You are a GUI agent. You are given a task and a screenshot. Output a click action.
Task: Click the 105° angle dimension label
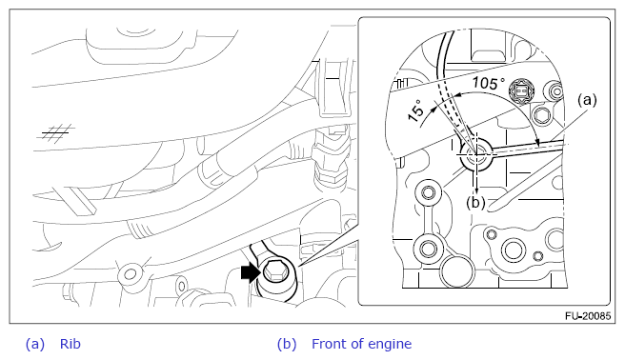pos(488,83)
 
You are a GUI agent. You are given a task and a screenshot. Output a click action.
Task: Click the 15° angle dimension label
pos(415,110)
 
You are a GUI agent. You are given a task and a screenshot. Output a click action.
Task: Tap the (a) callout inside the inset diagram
pos(587,100)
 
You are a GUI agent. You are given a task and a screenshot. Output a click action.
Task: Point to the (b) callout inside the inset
pos(475,203)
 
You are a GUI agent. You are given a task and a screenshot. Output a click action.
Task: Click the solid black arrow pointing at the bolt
pos(251,272)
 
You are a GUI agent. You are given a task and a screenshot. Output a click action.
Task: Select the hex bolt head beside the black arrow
pos(275,272)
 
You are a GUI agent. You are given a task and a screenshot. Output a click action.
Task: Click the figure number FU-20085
pos(588,316)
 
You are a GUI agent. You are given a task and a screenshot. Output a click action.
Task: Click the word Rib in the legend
pos(71,344)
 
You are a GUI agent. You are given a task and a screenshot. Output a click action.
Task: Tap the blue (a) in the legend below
pos(35,344)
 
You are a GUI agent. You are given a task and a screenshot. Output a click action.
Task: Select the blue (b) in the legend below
pos(287,344)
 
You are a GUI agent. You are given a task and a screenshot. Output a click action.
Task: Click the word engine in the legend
pos(390,345)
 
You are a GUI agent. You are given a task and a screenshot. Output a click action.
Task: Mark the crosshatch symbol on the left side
pos(56,132)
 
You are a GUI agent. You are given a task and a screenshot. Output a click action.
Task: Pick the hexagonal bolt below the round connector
pos(542,117)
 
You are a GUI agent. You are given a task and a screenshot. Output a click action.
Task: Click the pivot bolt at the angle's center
pos(475,154)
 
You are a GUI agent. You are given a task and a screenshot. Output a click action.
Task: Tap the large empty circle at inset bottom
pos(456,272)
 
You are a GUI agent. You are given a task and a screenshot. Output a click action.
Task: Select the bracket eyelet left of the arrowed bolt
pos(131,274)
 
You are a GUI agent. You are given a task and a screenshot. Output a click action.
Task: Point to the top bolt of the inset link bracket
pos(429,192)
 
